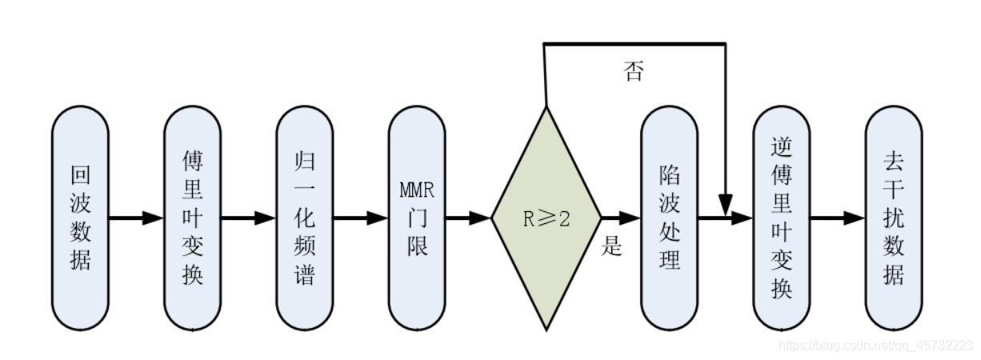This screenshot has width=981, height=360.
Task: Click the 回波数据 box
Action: pos(80,218)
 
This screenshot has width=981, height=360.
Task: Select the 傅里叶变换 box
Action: pos(192,218)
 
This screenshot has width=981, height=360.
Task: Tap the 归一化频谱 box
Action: pos(305,218)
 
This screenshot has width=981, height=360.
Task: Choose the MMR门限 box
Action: pos(417,218)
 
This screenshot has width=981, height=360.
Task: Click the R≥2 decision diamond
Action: pos(546,218)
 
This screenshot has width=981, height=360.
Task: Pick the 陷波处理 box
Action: pos(669,218)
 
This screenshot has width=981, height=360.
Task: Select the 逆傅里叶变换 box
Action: pos(782,218)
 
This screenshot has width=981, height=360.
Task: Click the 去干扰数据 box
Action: pos(894,218)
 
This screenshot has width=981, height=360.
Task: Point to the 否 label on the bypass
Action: pos(633,73)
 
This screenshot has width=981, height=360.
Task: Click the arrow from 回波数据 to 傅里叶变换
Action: pos(136,218)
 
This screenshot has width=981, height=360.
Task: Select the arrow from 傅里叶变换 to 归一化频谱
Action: pos(248,218)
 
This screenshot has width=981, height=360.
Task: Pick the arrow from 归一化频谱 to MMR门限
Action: pos(361,218)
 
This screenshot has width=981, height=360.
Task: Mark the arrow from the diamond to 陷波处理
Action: pos(621,218)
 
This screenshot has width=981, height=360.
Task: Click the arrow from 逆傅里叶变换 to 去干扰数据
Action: pos(838,218)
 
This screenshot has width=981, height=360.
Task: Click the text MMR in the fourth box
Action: pos(417,191)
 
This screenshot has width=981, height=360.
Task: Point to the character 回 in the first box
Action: pos(80,175)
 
